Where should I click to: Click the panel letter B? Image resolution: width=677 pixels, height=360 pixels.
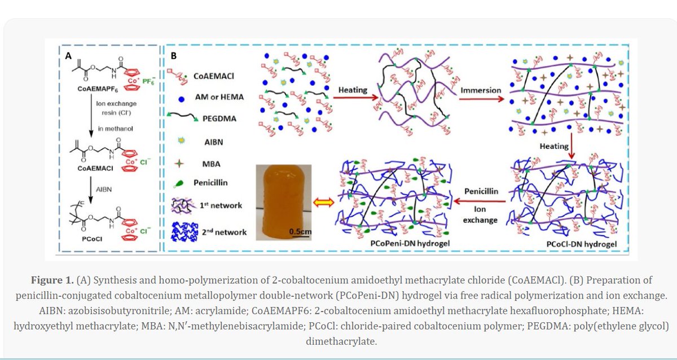174,56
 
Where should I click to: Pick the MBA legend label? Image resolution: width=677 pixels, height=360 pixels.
212,163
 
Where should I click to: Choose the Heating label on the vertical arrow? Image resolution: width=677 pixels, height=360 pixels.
554,146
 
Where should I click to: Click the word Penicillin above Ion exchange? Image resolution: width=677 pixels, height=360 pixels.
481,191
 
